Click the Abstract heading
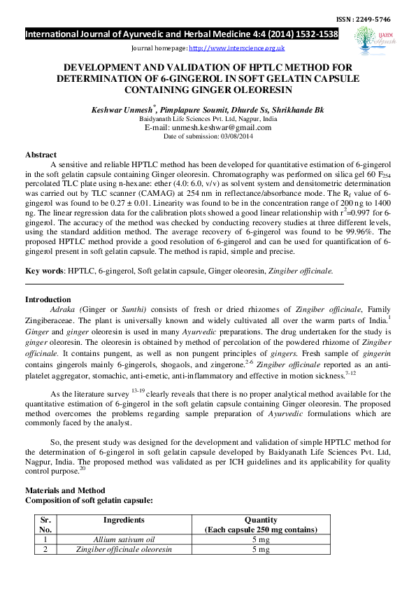(41, 154)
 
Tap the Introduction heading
(48, 299)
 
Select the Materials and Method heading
(65, 490)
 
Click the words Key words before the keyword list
(43, 270)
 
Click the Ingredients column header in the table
(124, 520)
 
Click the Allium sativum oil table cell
(124, 539)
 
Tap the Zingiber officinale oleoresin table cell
(124, 550)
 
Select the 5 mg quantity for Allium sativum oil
(260, 539)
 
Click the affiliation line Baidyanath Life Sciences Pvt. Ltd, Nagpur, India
(208, 120)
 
